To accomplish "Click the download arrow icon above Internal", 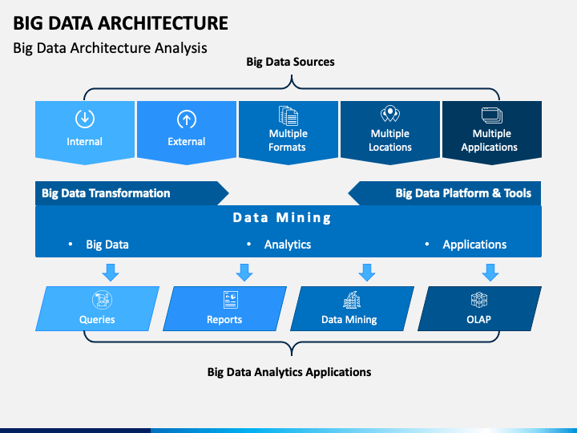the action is coord(85,119).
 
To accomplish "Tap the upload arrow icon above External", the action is coord(187,119).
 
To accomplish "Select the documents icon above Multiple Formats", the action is coord(288,115).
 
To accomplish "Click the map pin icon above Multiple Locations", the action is coord(390,114).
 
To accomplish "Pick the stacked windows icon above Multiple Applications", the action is coord(491,115).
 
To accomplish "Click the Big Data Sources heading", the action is coord(290,62).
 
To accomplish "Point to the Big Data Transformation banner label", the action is coord(106,193).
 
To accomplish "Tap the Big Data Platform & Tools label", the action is coord(463,193).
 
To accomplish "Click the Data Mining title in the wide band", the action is coord(282,217).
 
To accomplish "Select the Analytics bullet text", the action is coord(288,245).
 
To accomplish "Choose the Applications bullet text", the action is coord(474,245).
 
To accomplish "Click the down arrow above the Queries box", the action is coord(111,273).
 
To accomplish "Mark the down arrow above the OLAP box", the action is coord(490,273).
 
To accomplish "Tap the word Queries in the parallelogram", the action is coord(97,319).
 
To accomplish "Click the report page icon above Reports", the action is coord(231,300).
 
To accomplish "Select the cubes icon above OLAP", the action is coord(479,300).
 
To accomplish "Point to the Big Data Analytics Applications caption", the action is coord(289,372).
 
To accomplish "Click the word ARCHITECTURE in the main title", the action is coord(163,22).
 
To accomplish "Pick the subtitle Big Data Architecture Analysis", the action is coord(110,48).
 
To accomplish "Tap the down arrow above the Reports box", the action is coord(244,273).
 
